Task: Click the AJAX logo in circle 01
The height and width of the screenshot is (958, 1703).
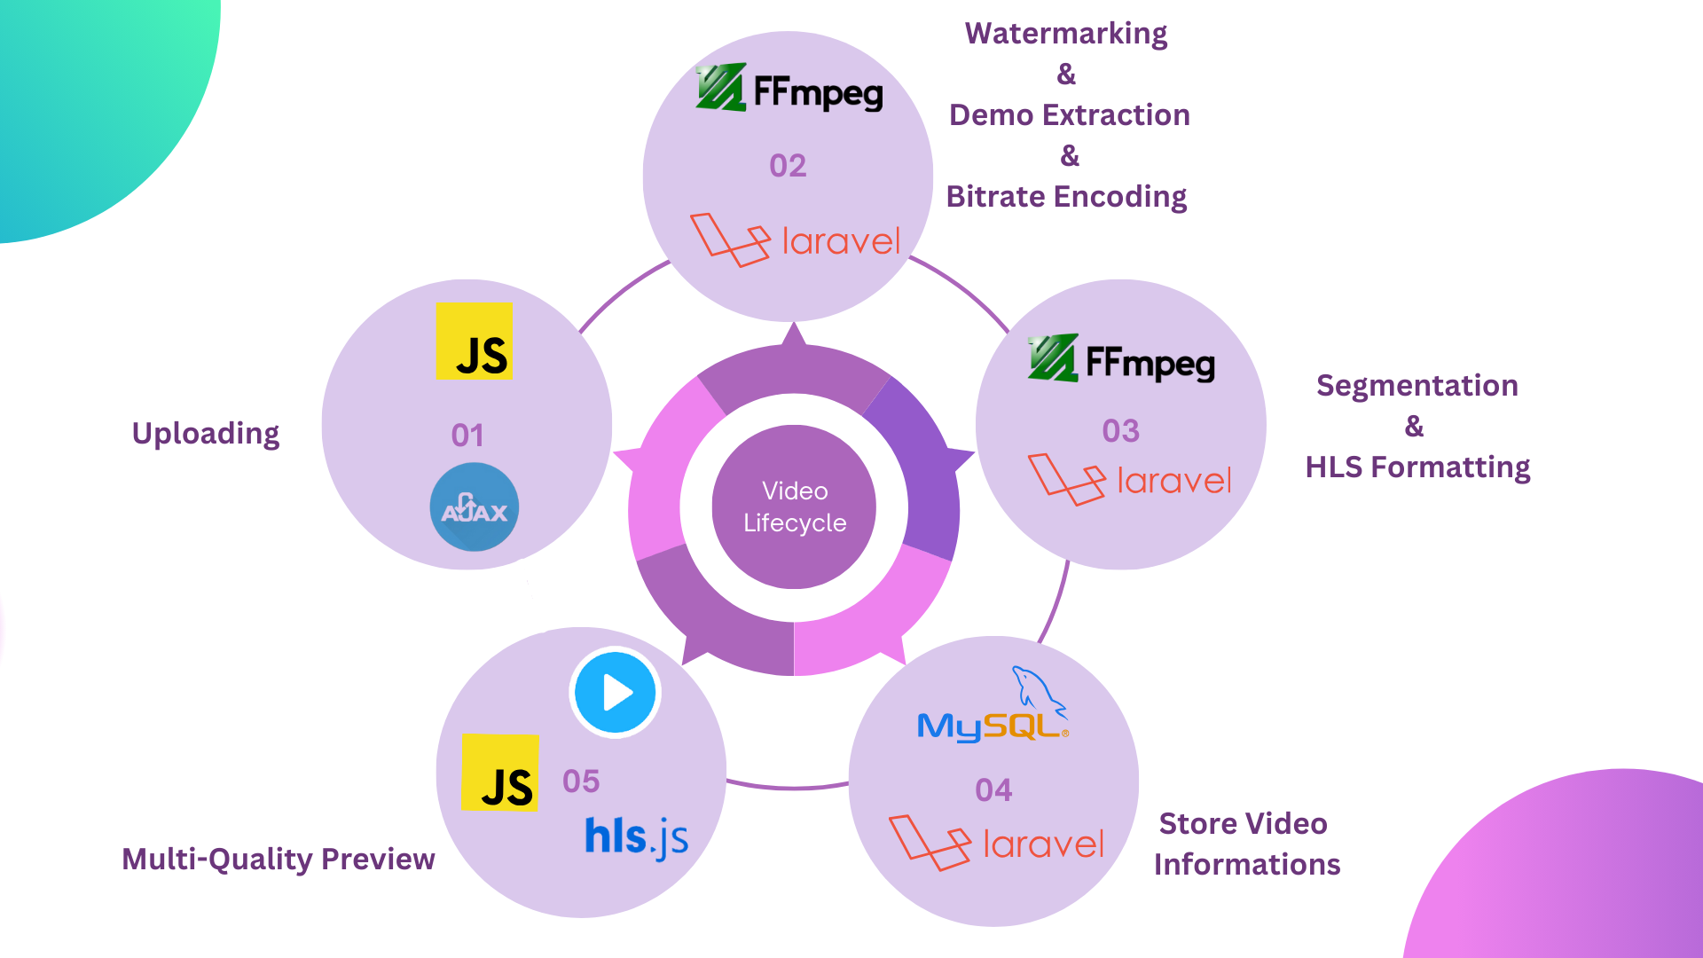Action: coord(475,507)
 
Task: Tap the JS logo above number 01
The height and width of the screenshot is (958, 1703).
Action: coord(474,342)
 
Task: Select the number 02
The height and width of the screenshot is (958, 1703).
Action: coord(788,166)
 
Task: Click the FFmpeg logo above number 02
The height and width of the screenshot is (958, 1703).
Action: coord(789,89)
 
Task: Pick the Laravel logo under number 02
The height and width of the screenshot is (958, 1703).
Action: coord(795,239)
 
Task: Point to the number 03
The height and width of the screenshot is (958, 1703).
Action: coord(1120,431)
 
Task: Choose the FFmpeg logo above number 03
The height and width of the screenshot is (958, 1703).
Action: coord(1121,359)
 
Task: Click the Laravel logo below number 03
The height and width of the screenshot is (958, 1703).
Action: coord(1129,480)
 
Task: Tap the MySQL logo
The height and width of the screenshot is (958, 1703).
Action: coord(993,710)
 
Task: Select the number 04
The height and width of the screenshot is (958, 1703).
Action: coord(993,790)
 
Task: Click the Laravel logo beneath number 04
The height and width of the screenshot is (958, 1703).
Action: coord(996,843)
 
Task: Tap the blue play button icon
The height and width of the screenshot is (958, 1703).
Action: coord(616,693)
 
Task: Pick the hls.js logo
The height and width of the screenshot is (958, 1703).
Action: coord(636,837)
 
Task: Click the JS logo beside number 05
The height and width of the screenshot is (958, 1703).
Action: coord(499,773)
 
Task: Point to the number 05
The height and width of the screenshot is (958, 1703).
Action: coord(581,781)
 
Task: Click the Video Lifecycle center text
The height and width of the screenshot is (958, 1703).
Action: coord(795,506)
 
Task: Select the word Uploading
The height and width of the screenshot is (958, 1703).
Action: coord(206,434)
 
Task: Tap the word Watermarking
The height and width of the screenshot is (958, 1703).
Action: coord(1066,34)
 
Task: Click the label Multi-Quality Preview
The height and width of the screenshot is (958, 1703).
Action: coord(279,859)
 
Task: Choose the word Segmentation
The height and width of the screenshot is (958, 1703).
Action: coord(1417,386)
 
